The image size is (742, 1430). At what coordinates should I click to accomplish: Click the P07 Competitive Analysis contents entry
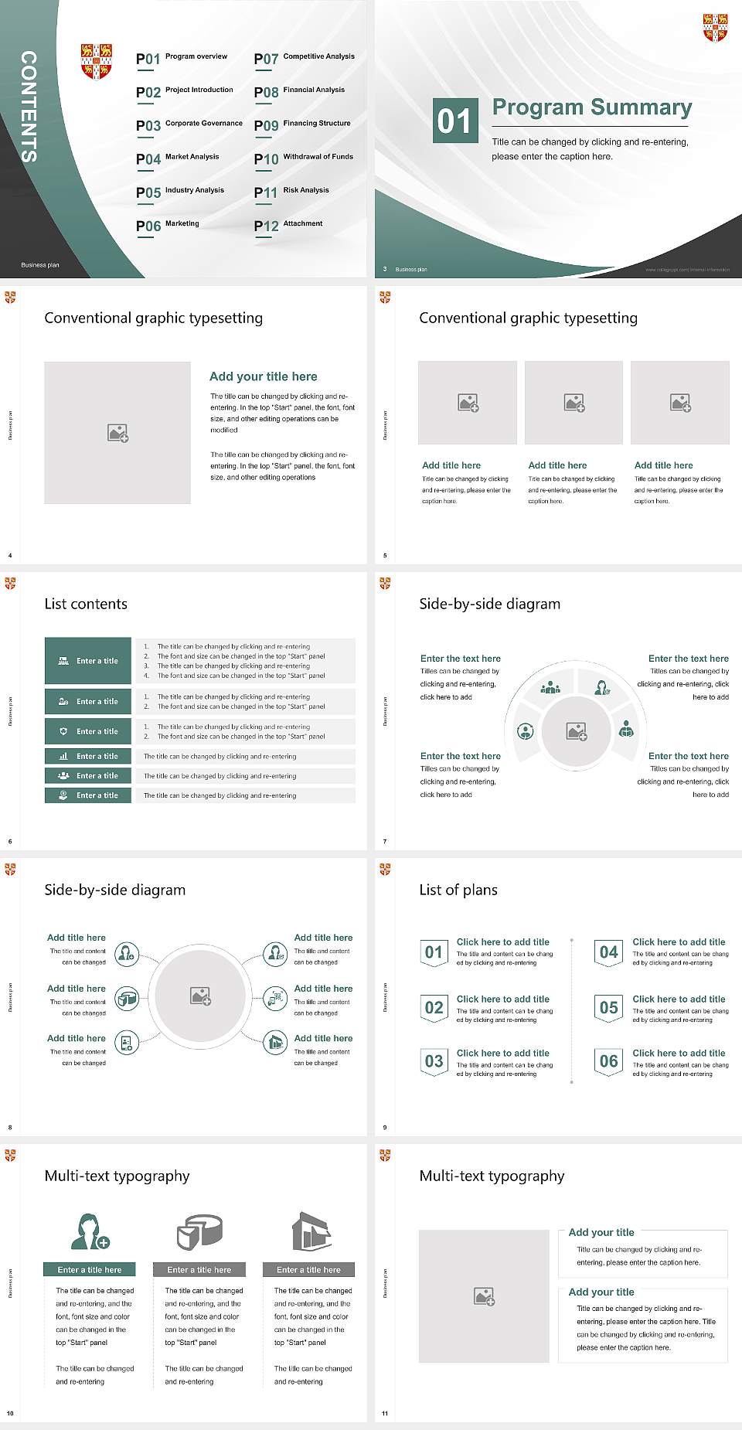[x=304, y=58]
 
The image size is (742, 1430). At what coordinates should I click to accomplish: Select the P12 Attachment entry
[x=288, y=225]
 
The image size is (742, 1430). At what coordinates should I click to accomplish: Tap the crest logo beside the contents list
[x=97, y=61]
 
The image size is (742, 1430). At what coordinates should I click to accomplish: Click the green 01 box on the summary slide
[x=454, y=121]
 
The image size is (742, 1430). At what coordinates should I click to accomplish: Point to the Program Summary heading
[x=591, y=107]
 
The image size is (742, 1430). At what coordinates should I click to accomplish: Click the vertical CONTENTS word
[x=29, y=107]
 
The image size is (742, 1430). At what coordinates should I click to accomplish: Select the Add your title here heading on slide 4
[x=263, y=376]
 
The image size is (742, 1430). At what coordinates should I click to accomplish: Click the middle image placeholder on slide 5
[x=574, y=403]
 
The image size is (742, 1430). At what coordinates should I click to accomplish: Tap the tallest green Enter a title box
[x=89, y=661]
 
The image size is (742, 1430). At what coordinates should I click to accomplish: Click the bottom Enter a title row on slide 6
[x=89, y=795]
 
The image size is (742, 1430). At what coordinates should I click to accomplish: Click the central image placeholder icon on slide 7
[x=577, y=731]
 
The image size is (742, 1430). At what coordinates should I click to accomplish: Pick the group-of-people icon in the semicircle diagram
[x=550, y=686]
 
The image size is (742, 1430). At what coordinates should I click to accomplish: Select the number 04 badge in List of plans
[x=609, y=952]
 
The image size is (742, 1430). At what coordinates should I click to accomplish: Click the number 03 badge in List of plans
[x=434, y=1062]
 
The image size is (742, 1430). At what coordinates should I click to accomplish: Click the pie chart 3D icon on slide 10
[x=199, y=1231]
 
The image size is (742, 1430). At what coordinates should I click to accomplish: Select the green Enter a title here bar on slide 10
[x=89, y=1270]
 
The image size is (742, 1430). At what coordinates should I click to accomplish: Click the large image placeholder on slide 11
[x=484, y=1296]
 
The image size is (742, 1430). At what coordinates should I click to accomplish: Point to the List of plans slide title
[x=458, y=890]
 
